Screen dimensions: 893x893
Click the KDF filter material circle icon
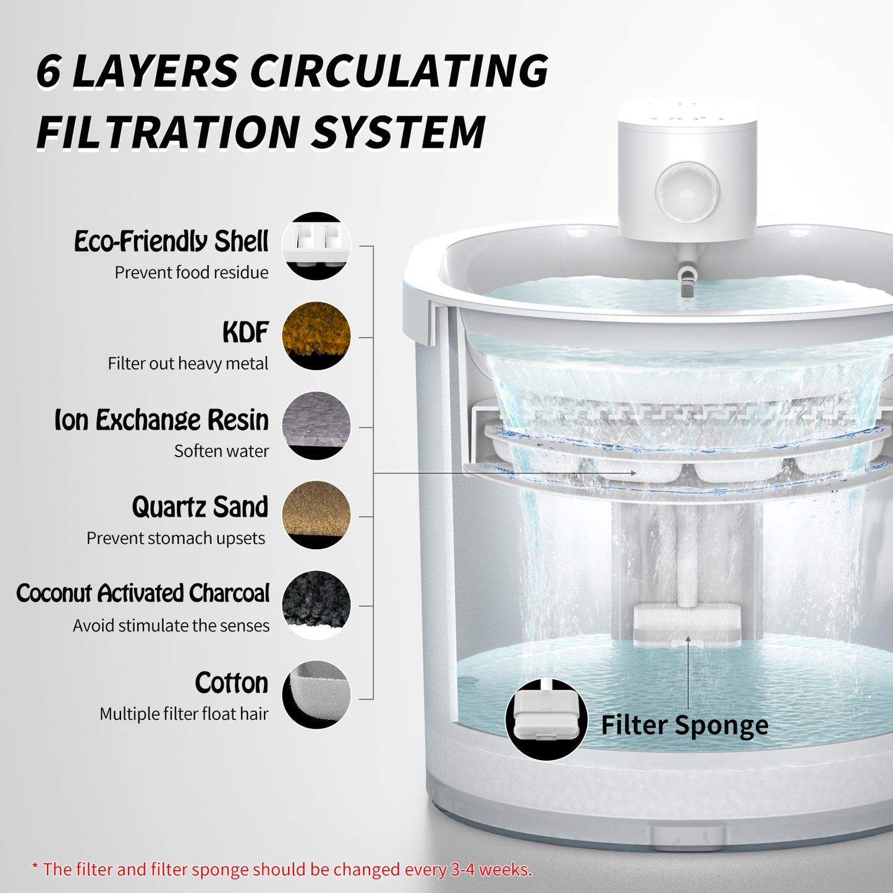coord(316,336)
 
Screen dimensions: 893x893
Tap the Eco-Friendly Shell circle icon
coord(316,245)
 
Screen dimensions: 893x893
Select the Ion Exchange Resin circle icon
coord(316,425)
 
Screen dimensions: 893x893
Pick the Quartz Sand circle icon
coord(316,515)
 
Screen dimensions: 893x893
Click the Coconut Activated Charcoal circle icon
coord(316,605)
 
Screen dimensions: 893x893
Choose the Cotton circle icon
coord(316,695)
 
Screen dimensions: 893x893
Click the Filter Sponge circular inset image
coord(546,719)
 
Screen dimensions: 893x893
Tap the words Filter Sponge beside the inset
coord(685,726)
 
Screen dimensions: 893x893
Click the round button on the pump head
coord(688,192)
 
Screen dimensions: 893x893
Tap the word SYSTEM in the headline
coord(397,132)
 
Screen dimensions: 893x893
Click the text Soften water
coord(221,451)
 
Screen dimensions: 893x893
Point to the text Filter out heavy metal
coord(188,364)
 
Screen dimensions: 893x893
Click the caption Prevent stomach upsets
coord(176,538)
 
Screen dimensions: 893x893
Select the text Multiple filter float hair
coord(184,714)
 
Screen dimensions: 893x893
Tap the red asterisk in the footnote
coord(35,866)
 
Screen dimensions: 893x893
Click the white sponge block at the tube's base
coord(688,624)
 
